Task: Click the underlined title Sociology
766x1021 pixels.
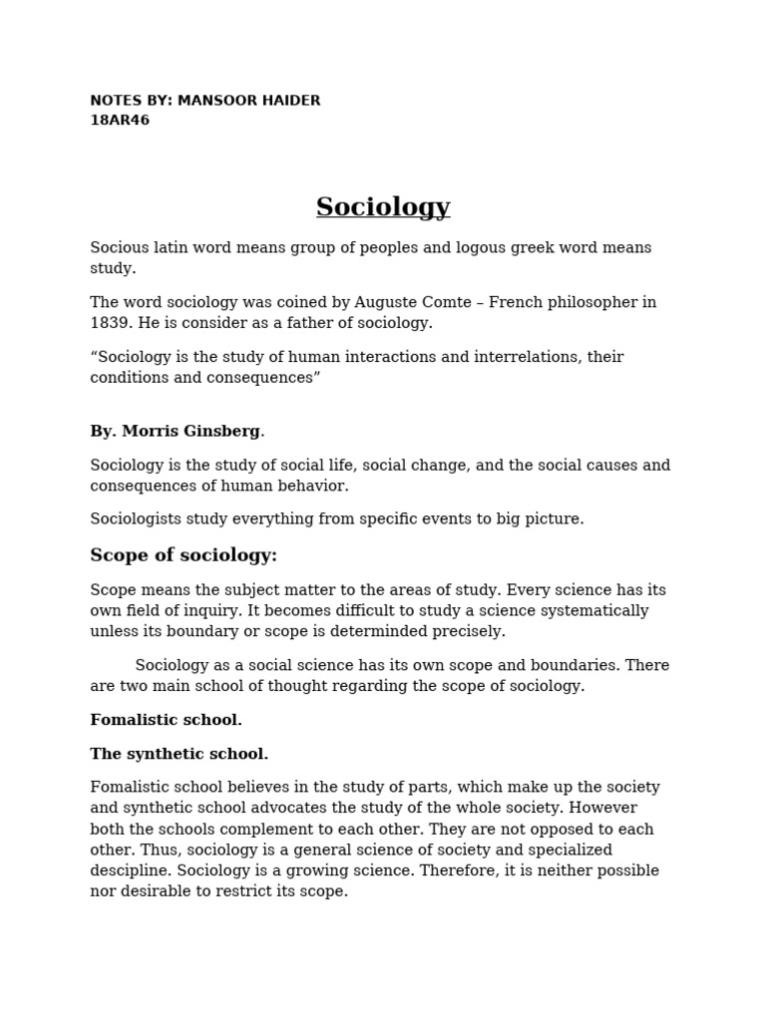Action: (383, 207)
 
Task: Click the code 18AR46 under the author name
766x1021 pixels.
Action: (120, 121)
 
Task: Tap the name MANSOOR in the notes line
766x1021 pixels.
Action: (213, 101)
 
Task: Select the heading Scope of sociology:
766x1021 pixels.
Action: (184, 555)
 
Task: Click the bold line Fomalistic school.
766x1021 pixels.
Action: (166, 720)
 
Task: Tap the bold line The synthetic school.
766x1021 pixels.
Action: (180, 755)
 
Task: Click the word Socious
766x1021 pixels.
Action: (119, 247)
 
